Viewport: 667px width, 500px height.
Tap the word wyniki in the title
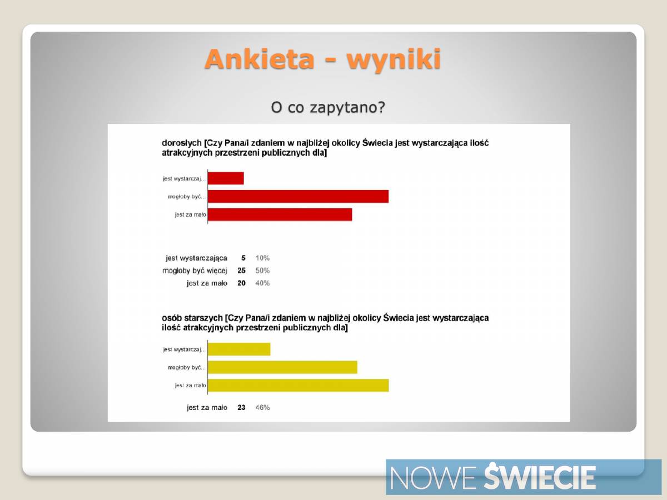394,60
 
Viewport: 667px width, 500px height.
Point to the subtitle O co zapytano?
328,107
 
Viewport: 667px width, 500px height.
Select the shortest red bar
226,178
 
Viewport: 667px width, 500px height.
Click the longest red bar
298,197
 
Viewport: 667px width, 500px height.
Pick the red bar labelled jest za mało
280,214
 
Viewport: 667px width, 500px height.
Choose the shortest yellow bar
239,349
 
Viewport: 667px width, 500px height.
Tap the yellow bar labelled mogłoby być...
282,367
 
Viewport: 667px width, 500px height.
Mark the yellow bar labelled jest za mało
298,386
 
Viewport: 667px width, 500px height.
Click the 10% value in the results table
262,258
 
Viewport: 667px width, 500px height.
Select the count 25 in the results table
242,271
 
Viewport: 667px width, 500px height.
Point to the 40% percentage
262,283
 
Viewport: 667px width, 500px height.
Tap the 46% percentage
262,407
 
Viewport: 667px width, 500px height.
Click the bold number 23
242,407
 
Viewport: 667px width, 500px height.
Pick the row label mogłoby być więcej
195,271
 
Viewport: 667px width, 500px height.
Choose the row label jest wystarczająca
197,258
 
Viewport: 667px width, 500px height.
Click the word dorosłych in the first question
182,143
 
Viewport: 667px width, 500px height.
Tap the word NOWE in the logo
432,478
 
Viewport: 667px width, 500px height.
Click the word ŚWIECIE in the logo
540,476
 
